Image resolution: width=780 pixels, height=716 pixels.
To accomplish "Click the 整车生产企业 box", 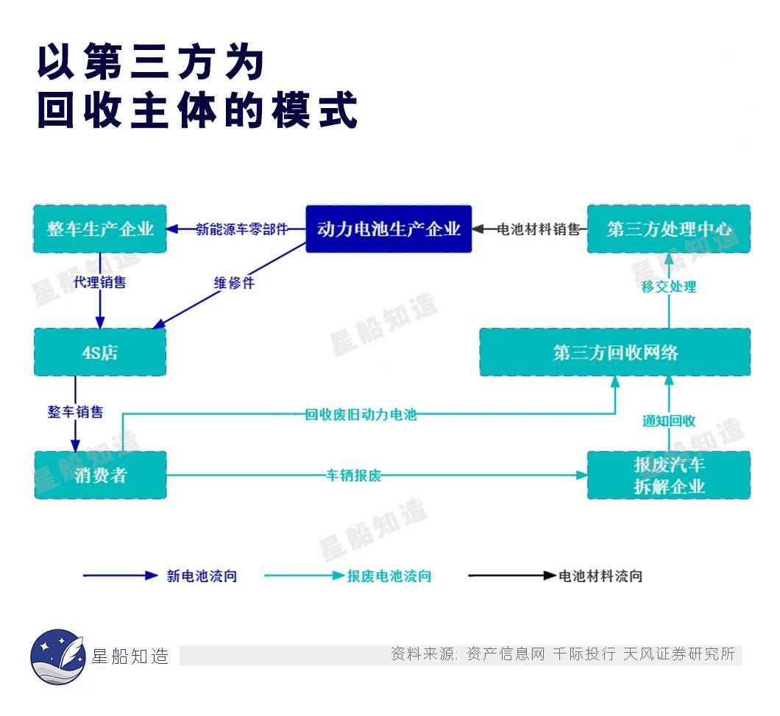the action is click(x=100, y=229).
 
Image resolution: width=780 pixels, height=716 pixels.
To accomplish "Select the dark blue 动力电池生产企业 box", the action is click(x=389, y=229).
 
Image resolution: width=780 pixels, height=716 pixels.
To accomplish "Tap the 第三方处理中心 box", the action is click(x=669, y=229).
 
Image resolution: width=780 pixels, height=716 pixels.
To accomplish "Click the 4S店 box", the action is click(x=100, y=352).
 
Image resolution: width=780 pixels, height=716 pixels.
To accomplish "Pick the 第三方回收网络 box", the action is click(x=615, y=352).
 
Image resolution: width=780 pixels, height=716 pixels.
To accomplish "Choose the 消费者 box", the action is click(x=100, y=475).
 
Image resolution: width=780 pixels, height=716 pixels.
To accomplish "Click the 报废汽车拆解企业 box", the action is click(x=669, y=475).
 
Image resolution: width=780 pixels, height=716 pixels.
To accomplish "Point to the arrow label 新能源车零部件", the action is click(x=242, y=229).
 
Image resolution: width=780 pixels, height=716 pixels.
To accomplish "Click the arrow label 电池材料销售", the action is click(x=539, y=229).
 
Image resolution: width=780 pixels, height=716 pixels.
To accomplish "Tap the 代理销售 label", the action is click(x=99, y=282).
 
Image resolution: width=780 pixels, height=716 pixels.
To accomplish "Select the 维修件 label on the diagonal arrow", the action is click(x=234, y=283).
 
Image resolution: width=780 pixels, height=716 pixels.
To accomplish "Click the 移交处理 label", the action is click(x=669, y=287).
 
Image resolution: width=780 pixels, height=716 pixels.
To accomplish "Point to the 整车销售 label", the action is click(x=75, y=412).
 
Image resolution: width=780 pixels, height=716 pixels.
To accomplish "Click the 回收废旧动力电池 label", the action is click(x=361, y=415).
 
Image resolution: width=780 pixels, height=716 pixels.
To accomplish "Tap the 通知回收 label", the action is click(x=669, y=421).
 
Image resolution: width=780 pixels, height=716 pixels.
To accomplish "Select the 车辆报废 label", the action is click(x=354, y=476).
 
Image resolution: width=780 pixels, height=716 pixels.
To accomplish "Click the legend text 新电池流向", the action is click(x=202, y=576).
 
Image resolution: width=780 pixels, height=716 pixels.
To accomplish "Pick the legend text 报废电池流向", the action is click(x=389, y=576).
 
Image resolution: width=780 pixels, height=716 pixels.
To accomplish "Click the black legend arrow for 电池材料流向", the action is click(x=512, y=576).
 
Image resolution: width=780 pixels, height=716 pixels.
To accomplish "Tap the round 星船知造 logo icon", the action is click(x=57, y=656).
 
